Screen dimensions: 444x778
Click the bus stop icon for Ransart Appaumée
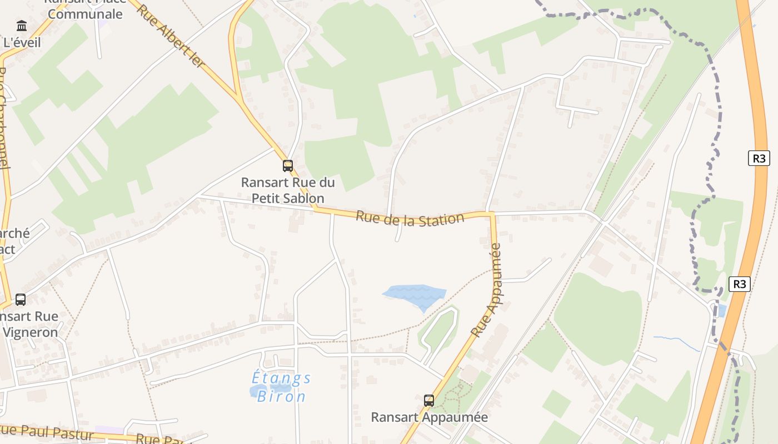point(428,400)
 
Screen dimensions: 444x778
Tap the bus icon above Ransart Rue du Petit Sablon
point(287,165)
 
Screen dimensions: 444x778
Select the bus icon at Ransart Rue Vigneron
point(21,300)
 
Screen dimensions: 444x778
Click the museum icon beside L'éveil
point(22,26)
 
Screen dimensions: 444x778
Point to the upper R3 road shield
point(759,158)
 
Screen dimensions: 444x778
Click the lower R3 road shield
point(739,284)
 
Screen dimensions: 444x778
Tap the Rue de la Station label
point(410,218)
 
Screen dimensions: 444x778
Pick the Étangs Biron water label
point(281,387)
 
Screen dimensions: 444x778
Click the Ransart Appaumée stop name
point(429,417)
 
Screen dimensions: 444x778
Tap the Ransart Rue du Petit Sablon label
point(287,190)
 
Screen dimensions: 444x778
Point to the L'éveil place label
point(22,43)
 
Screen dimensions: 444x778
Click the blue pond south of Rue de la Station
point(415,295)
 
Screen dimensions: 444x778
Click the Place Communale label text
point(84,13)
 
